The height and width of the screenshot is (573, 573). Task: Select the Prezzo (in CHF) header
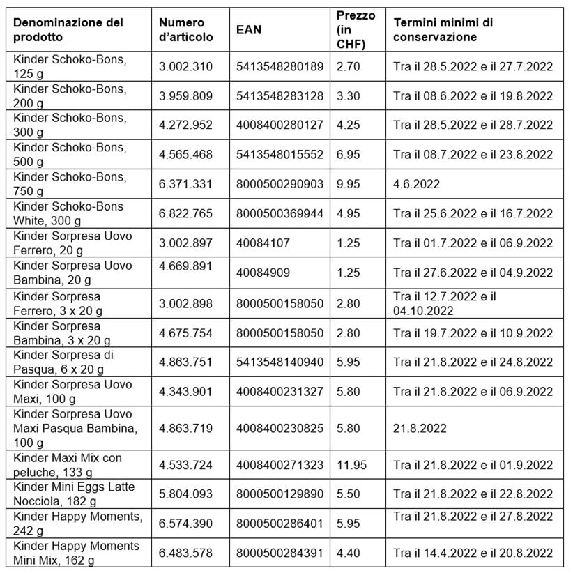click(351, 30)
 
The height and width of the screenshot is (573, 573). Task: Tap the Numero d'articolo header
click(185, 30)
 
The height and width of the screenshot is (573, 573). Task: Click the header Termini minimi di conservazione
click(443, 30)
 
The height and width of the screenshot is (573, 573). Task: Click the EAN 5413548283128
click(280, 96)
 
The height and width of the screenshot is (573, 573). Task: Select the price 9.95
click(349, 184)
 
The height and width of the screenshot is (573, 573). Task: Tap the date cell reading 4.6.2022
click(417, 184)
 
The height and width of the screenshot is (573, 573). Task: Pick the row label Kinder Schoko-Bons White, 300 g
click(68, 213)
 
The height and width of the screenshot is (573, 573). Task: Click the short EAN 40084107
click(263, 243)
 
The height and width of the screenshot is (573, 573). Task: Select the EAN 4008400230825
click(280, 428)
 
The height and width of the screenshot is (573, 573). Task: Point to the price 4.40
click(349, 553)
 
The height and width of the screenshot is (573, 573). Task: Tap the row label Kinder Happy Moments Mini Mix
click(75, 553)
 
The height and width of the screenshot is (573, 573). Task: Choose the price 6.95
click(349, 155)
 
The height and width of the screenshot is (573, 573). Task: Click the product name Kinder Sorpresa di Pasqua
click(64, 362)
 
